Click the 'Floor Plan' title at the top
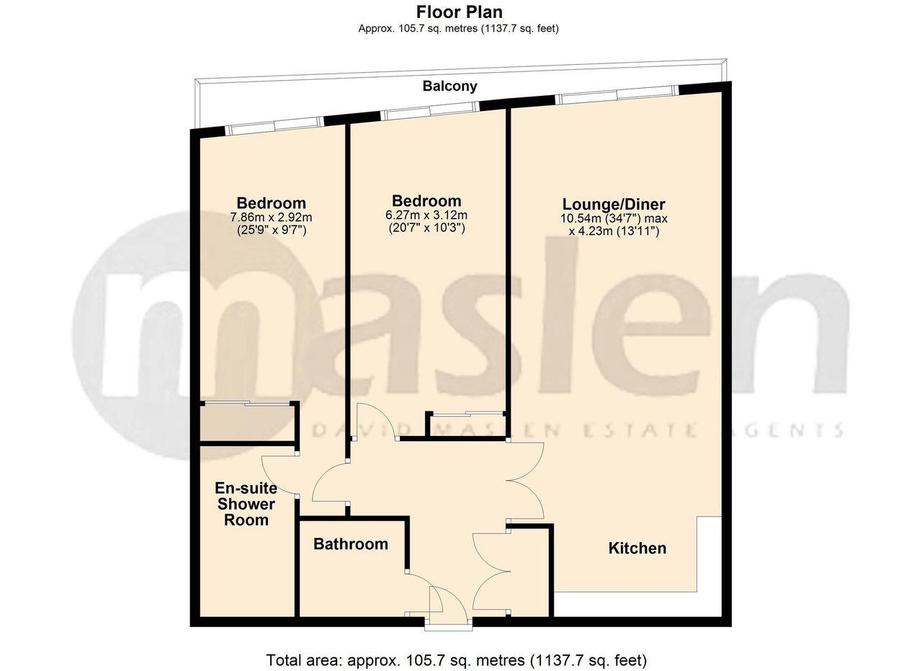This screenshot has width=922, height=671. [459, 12]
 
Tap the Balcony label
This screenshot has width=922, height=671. [449, 86]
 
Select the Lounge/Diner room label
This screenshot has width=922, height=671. [614, 204]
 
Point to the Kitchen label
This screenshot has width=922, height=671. [637, 548]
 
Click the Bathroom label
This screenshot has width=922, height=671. [350, 544]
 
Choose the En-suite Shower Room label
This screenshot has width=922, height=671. [246, 505]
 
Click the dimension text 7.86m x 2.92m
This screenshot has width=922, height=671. [271, 217]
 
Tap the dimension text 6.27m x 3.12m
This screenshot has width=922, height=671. [426, 215]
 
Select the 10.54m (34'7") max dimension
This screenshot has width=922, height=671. [614, 218]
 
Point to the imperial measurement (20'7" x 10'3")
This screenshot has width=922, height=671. [426, 228]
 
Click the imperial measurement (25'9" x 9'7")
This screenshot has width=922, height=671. [271, 231]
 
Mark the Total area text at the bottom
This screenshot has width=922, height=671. [457, 659]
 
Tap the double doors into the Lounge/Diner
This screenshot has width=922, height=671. [526, 479]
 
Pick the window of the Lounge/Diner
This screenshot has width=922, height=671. [616, 97]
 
